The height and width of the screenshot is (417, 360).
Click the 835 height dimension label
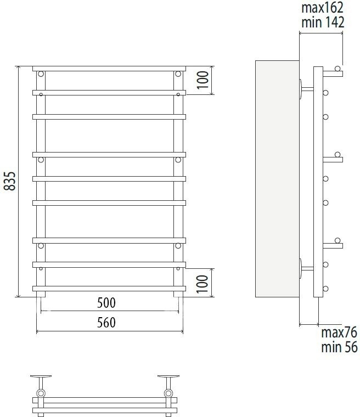(x=9, y=181)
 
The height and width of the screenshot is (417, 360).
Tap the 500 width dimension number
(x=106, y=303)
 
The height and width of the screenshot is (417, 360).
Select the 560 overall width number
(x=106, y=323)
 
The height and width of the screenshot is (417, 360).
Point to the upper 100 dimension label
(x=203, y=80)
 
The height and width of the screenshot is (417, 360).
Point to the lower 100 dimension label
(x=203, y=284)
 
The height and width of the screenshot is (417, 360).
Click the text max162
(x=322, y=8)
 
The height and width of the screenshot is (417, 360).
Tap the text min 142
(x=323, y=22)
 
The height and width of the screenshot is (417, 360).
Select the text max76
(x=339, y=333)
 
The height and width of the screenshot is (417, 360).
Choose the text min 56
(x=339, y=347)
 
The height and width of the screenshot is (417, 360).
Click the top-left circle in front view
(x=41, y=74)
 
